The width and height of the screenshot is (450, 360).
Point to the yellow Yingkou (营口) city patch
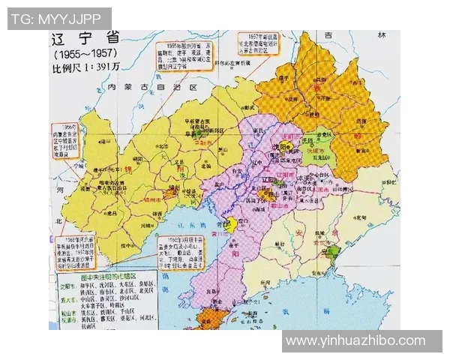pos(233,223)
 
